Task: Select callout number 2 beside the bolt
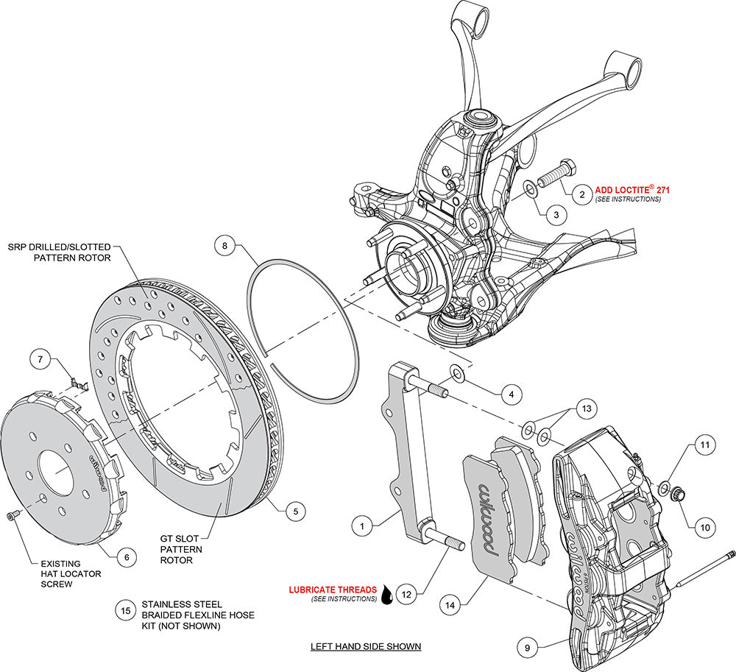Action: coord(581,194)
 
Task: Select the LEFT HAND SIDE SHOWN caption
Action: coord(365,646)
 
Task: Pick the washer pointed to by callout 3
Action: coord(530,191)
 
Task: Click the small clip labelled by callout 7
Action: coord(76,382)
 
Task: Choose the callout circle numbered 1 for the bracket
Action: coord(362,526)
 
